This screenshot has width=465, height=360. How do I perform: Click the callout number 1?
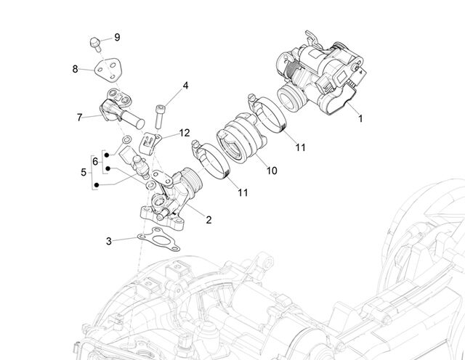(x=360, y=118)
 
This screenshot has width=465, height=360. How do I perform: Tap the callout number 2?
(x=209, y=220)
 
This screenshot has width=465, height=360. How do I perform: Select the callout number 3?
(x=109, y=241)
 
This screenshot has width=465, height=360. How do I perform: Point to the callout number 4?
(x=185, y=86)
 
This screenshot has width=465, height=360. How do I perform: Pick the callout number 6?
(x=95, y=161)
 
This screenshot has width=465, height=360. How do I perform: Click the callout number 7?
(x=79, y=118)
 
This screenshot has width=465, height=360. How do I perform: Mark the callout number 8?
(x=75, y=69)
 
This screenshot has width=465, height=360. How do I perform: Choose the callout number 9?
(x=117, y=37)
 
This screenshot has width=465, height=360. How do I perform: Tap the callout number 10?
(x=272, y=171)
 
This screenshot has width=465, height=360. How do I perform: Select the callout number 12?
(x=184, y=133)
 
